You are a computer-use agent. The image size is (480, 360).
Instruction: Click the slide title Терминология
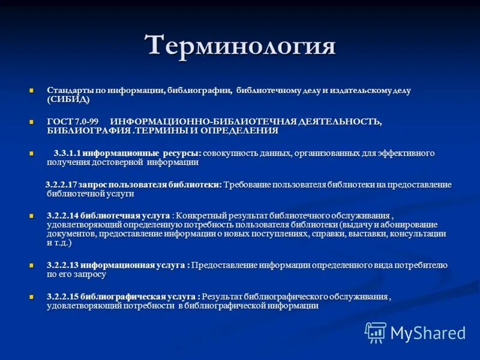(240, 46)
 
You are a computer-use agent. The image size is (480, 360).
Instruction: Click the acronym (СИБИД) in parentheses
(68, 99)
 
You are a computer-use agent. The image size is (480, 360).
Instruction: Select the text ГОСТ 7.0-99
(73, 122)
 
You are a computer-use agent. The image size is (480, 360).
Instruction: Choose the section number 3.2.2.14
(62, 215)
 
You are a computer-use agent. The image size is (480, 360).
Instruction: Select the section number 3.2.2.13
(62, 265)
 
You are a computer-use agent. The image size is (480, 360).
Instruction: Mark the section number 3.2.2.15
(62, 296)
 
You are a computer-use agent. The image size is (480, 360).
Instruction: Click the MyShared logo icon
(376, 332)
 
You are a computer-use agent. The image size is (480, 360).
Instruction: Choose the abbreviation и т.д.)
(59, 243)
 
